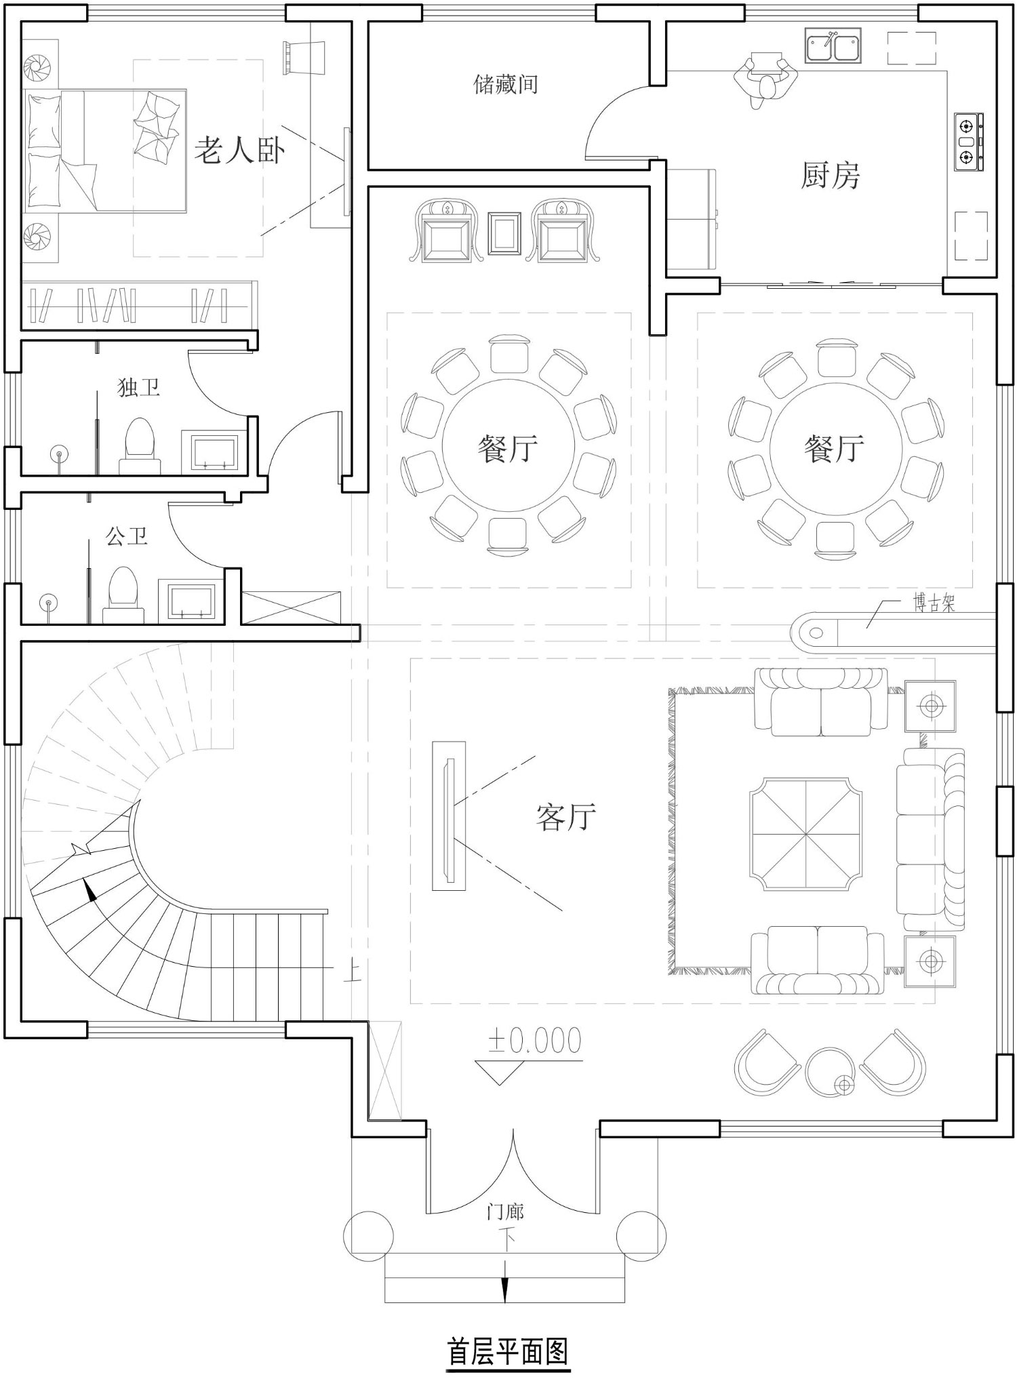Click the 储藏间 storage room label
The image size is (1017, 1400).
[x=505, y=85]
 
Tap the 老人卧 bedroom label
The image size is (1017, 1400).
[x=239, y=149]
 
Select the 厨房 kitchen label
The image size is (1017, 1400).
[x=831, y=176]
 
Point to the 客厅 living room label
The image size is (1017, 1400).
[x=566, y=817]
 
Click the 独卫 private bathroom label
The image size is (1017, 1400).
[x=138, y=388]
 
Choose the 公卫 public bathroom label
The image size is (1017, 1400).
[x=126, y=536]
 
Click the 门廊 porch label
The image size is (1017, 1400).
[x=505, y=1212]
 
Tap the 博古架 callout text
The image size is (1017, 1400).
[x=934, y=603]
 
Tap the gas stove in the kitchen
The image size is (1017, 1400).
[x=969, y=142]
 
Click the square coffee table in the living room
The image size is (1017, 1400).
[x=806, y=834]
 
